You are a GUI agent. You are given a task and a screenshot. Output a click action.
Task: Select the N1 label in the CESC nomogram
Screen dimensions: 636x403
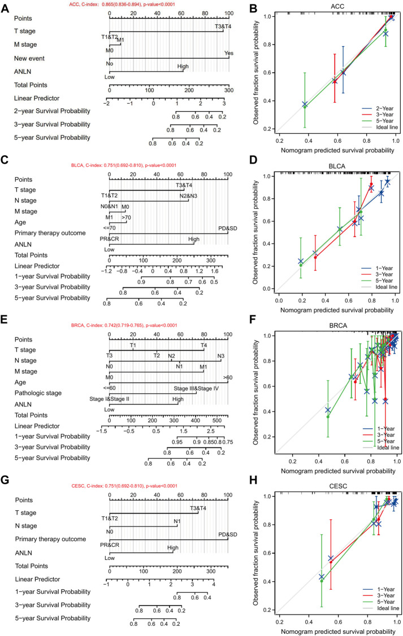[x=177, y=520]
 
